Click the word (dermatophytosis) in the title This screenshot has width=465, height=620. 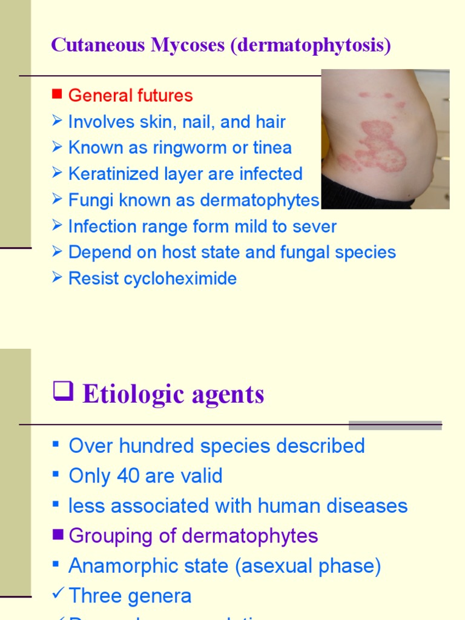pos(311,45)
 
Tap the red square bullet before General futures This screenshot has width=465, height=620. pos(58,94)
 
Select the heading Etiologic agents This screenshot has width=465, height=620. pos(173,394)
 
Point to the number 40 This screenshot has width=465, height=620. pos(128,476)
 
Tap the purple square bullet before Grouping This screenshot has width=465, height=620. pos(58,534)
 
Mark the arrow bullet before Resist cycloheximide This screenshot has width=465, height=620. pos(57,278)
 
